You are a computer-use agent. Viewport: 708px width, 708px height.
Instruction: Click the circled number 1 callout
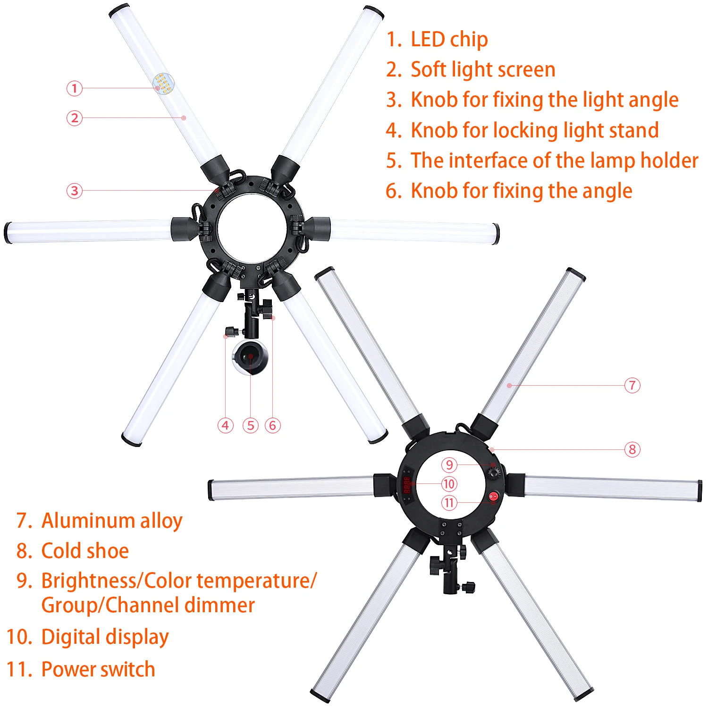pos(74,88)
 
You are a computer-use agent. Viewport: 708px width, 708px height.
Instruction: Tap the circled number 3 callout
pos(74,191)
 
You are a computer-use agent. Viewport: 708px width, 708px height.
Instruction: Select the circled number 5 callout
pos(251,425)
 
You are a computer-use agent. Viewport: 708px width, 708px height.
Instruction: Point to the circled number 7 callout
pos(632,385)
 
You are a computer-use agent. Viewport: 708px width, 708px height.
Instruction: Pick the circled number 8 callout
pos(632,449)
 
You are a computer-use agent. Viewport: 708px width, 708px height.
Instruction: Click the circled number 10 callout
pos(449,484)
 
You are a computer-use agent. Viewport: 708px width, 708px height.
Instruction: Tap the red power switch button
pos(493,497)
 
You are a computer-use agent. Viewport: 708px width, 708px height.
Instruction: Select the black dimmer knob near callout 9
pos(494,472)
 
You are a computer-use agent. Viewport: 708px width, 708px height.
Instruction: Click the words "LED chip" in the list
pos(449,40)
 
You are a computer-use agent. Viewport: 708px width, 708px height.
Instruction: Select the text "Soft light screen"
pos(483,70)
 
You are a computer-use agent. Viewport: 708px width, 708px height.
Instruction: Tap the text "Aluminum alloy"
pos(112,521)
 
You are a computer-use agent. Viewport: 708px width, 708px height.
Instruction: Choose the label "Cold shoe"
pos(85,551)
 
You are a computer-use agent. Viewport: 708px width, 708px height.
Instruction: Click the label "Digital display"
pos(105,637)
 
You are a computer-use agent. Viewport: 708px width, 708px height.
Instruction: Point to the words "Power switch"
pos(98,669)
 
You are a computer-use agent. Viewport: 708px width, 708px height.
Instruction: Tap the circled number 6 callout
pos(272,425)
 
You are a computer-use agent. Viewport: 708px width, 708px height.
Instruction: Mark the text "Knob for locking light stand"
pos(535,131)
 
